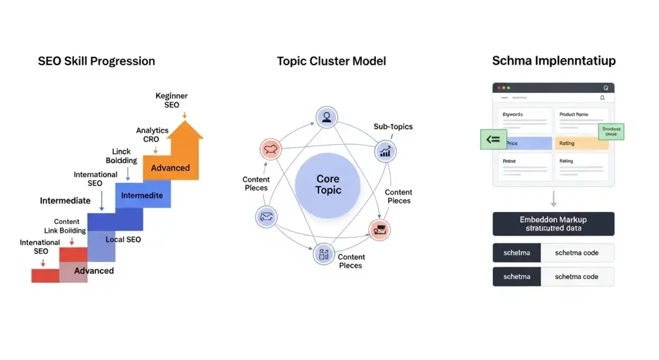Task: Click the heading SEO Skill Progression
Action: coord(97,62)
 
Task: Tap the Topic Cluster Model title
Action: coord(331,62)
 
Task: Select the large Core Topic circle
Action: coord(328,185)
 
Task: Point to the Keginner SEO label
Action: coord(171,100)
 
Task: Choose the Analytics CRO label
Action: coord(152,135)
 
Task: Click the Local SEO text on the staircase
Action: coord(123,240)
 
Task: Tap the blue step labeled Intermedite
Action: coord(143,195)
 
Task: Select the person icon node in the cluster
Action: coord(326,117)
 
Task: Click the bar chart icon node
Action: coord(385,152)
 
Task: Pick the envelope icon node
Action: coord(266,217)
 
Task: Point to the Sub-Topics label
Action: coord(392,127)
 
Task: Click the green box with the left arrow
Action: coord(494,139)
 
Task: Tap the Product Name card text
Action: coord(574,115)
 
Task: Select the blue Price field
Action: coord(524,143)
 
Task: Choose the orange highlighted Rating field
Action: coord(581,143)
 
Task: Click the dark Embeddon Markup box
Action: coord(553,223)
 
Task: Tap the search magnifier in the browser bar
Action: coord(606,88)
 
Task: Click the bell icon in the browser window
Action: coord(602,98)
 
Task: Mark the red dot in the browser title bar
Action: coord(497,88)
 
